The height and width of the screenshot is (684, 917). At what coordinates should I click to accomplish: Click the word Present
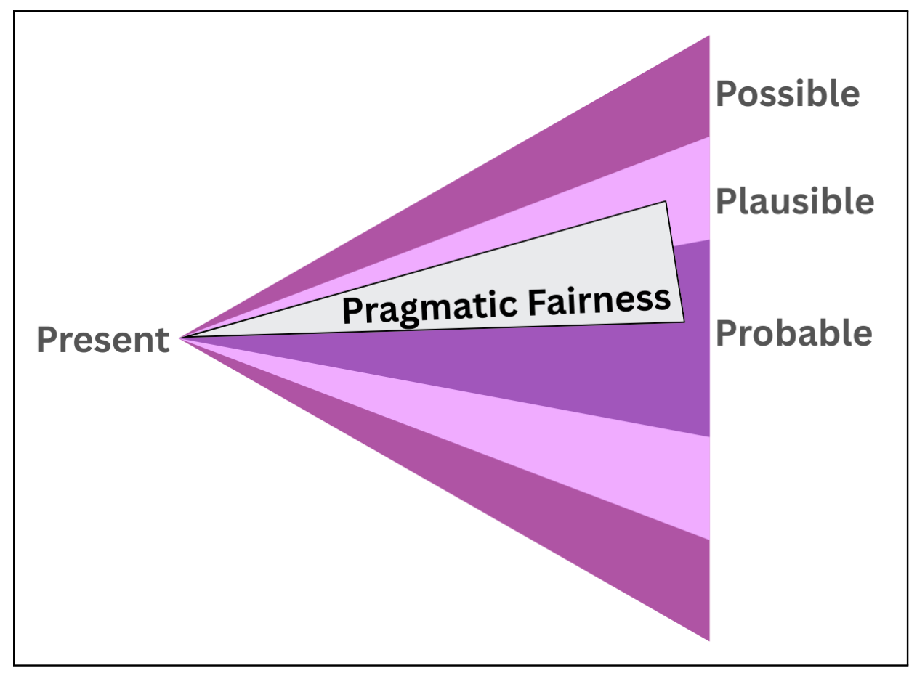[102, 340]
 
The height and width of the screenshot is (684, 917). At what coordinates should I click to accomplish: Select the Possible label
[788, 94]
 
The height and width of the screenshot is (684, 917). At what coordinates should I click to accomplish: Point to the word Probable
[794, 333]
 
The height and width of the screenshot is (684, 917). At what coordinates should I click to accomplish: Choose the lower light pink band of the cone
[654, 479]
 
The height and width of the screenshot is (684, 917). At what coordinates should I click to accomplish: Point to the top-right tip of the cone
[708, 37]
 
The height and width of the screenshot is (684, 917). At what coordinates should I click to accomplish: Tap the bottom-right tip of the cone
[708, 639]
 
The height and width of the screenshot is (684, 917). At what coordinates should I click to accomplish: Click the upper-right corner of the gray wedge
[665, 203]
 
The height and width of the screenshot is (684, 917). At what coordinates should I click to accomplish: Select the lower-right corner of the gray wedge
[683, 321]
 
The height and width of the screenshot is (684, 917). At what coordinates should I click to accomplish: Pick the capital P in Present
[46, 340]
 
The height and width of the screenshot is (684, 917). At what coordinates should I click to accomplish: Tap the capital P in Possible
[726, 94]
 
